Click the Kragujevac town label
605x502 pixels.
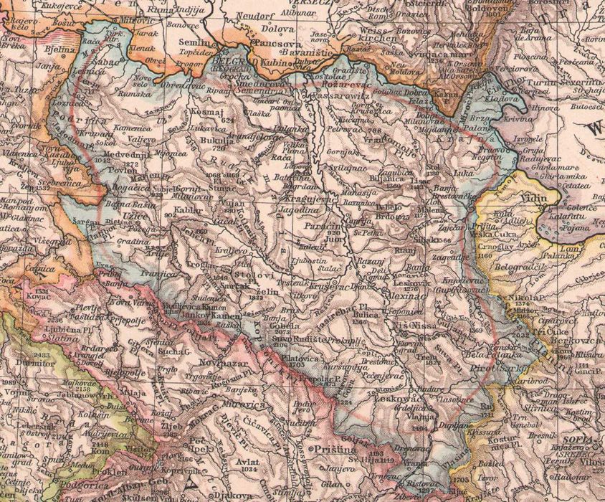click(308, 200)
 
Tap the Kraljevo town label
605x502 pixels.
click(232, 252)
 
